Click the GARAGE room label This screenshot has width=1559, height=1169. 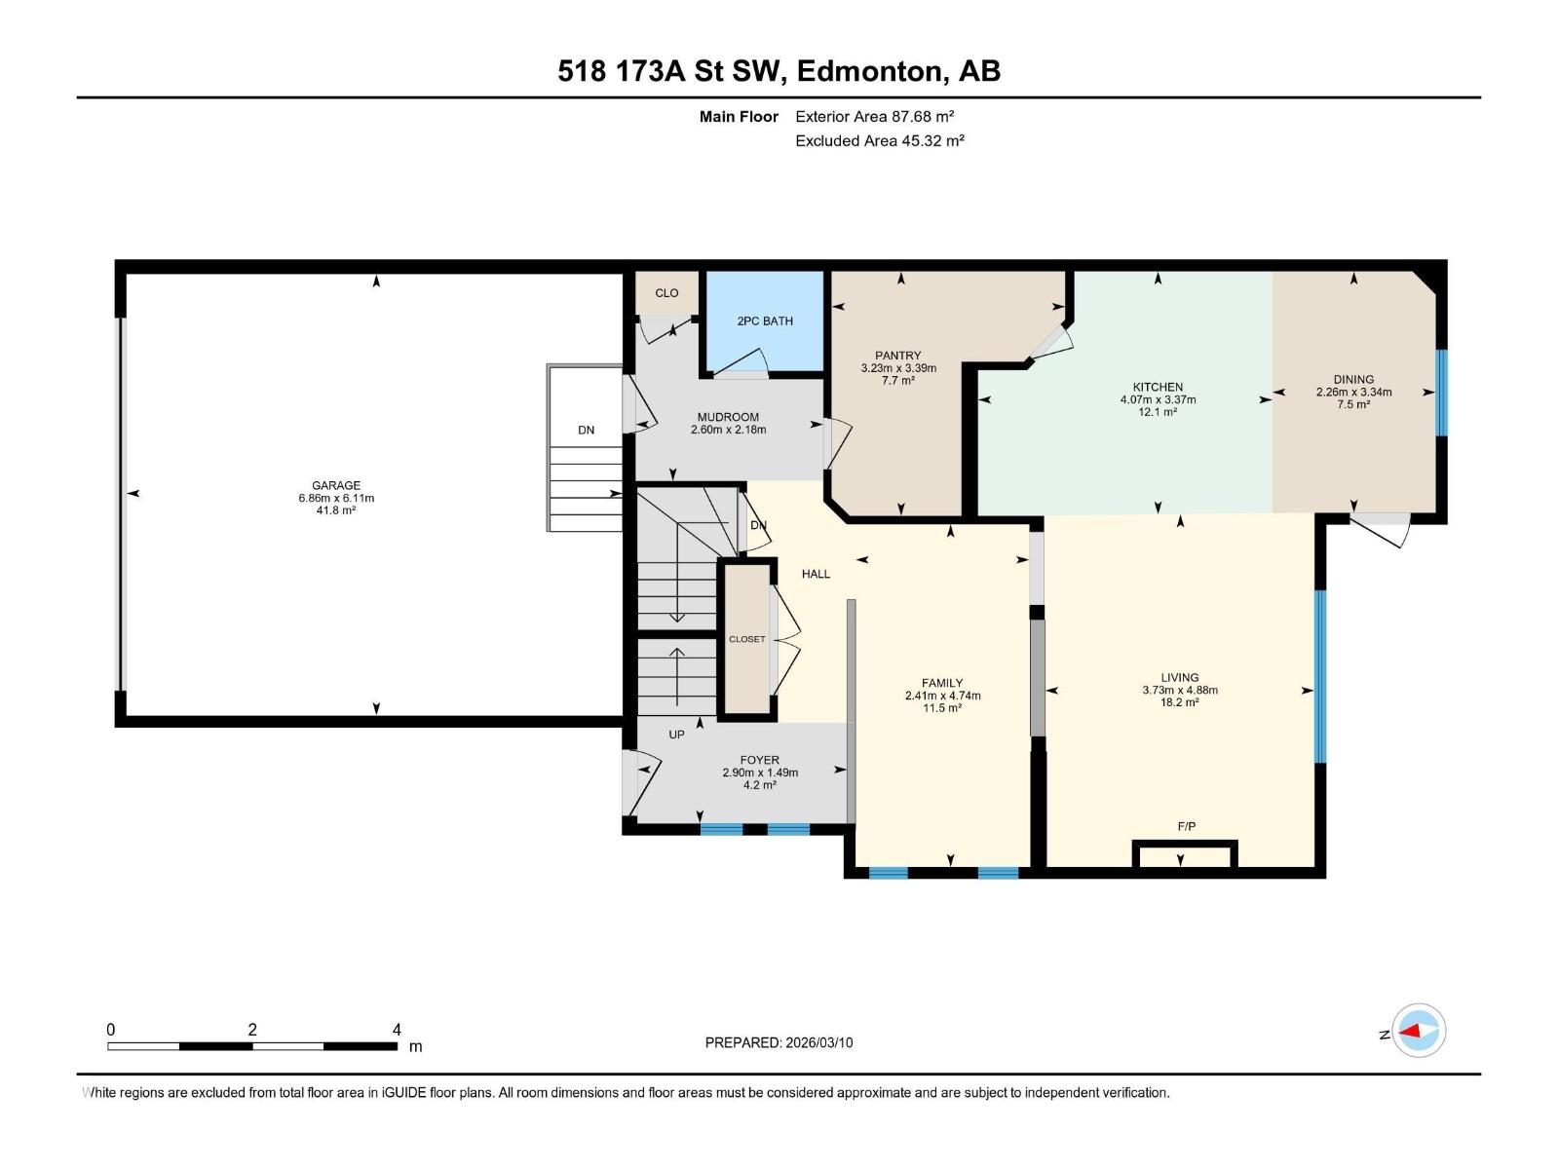336,485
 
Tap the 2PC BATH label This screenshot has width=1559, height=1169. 765,321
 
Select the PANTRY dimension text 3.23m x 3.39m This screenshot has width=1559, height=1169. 898,368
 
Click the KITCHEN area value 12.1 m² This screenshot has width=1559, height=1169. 1158,412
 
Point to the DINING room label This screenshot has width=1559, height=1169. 1353,379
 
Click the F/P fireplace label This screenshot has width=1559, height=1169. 1186,826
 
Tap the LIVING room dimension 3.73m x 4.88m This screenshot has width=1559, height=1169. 1180,690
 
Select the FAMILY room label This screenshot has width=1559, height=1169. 942,683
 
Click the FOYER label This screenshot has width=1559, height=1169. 760,760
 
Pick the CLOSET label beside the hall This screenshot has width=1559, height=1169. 747,639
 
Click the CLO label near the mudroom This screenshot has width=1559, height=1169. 666,292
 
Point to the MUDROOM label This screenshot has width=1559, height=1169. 728,417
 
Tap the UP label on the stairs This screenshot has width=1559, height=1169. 676,735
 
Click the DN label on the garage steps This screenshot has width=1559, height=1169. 586,430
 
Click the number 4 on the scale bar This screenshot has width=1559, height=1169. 397,1030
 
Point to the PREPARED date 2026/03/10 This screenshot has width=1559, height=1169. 779,1042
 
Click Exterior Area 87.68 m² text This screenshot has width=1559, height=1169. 874,116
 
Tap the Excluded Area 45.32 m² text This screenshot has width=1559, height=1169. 879,140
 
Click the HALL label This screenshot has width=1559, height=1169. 816,574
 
